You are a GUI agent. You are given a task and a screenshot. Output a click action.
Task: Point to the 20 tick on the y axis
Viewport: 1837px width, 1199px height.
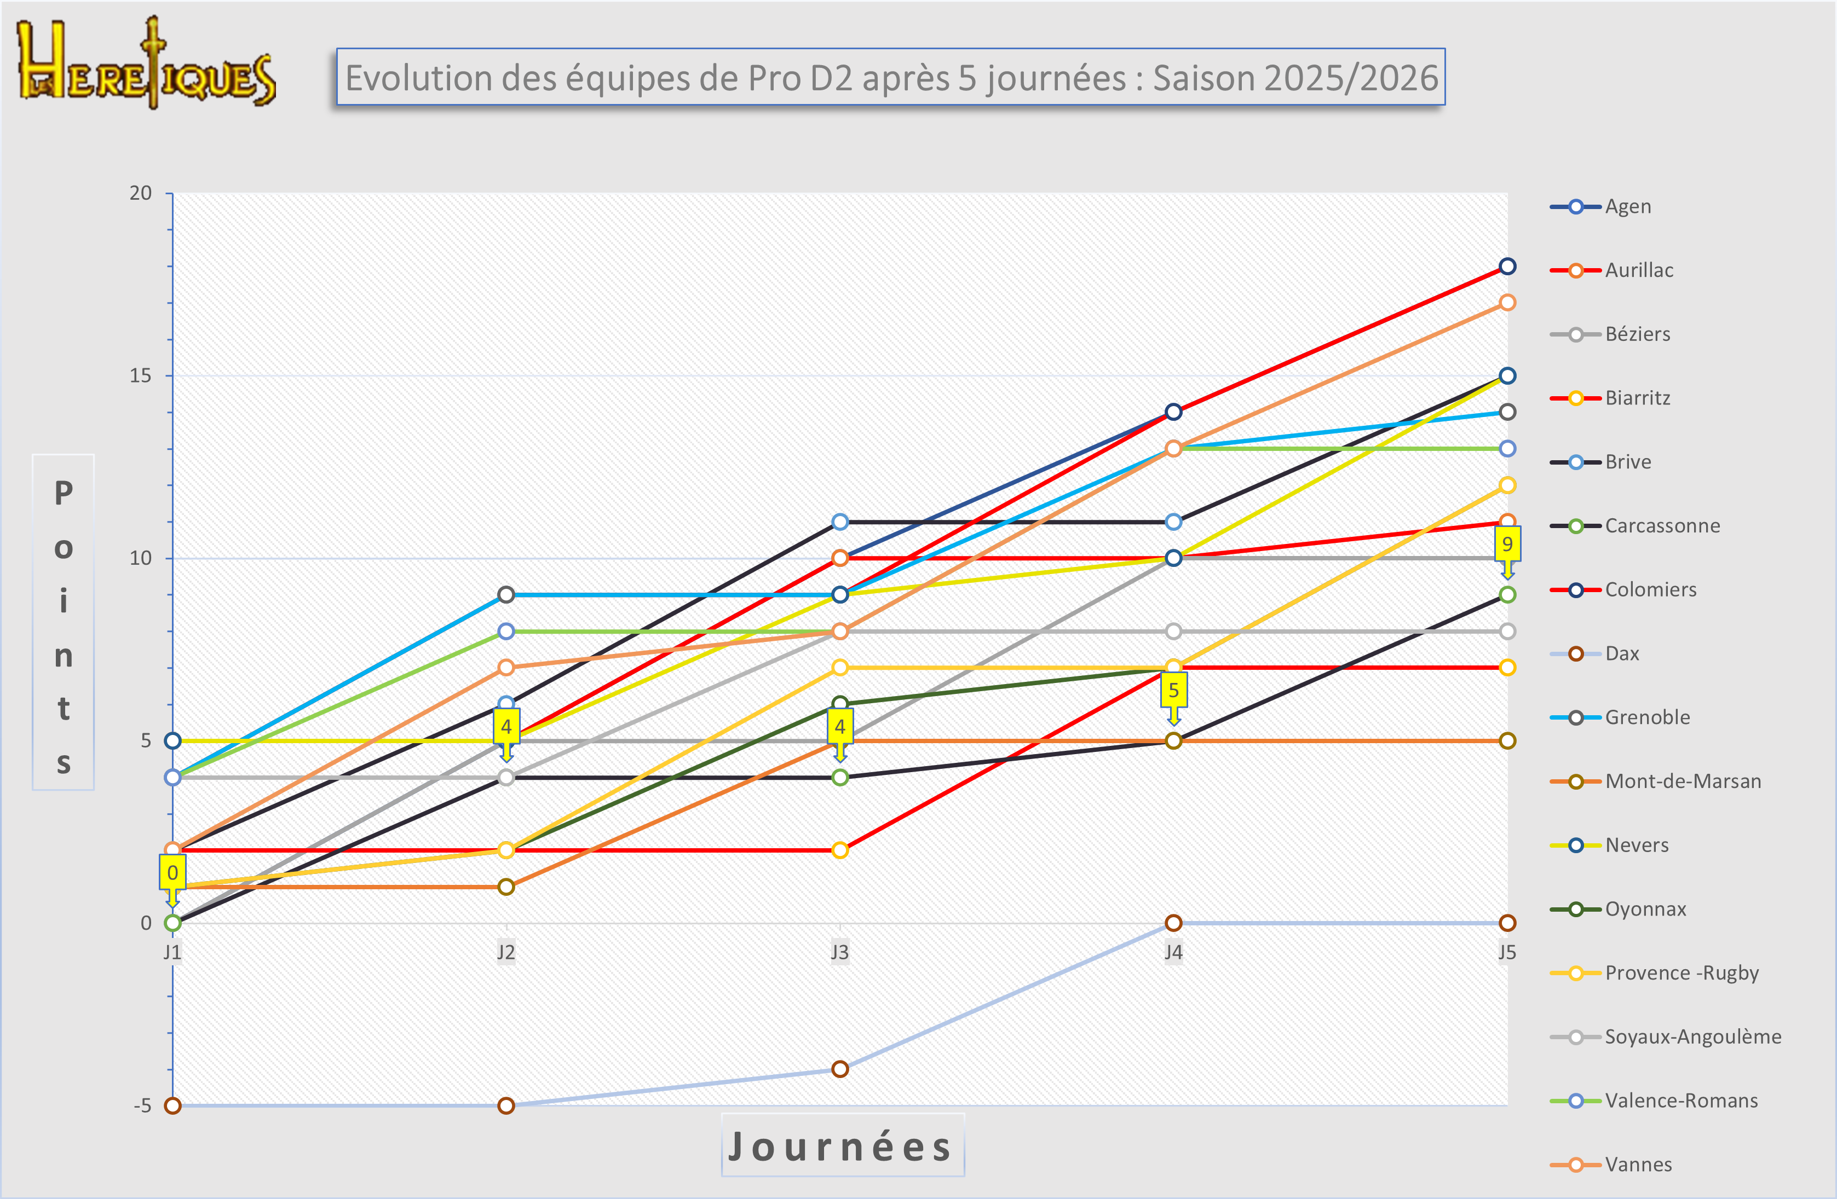click(x=141, y=193)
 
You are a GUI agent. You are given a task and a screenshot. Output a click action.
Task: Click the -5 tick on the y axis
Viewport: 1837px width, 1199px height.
click(x=143, y=1105)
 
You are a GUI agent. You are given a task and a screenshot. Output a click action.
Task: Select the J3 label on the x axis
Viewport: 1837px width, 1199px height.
click(x=840, y=952)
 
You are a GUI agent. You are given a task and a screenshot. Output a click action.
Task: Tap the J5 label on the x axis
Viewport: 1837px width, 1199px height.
click(x=1507, y=952)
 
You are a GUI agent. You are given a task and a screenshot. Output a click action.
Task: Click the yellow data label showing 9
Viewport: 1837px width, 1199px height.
click(x=1507, y=544)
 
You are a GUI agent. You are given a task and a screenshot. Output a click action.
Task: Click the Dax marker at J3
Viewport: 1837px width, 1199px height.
click(x=840, y=1069)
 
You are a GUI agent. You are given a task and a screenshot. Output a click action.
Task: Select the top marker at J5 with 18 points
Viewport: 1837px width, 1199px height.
click(x=1507, y=266)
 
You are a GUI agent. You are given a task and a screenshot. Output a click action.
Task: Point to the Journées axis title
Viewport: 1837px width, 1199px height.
click(x=842, y=1146)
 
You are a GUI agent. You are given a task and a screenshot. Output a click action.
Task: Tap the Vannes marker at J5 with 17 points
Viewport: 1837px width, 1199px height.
click(x=1507, y=303)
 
